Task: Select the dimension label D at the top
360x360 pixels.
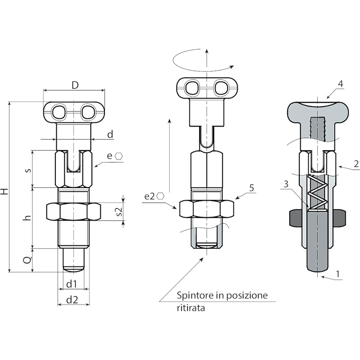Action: [75, 85]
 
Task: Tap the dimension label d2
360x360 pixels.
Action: [72, 300]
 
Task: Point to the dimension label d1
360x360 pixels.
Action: [72, 284]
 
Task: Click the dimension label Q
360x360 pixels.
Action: [27, 260]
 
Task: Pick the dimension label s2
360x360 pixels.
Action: [119, 211]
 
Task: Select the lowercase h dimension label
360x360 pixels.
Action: [27, 218]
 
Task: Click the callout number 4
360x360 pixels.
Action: [341, 84]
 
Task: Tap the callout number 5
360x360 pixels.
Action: [252, 188]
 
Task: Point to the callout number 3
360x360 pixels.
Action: [286, 184]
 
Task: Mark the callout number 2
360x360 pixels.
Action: [356, 164]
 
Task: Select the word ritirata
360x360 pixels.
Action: [191, 308]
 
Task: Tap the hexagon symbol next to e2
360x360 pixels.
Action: [160, 196]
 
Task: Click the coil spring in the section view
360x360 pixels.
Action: [318, 193]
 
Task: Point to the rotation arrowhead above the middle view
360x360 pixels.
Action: [231, 67]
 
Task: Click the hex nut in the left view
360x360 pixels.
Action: [73, 211]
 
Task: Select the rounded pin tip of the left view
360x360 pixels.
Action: [74, 270]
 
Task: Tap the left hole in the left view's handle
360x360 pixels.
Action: [59, 112]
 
